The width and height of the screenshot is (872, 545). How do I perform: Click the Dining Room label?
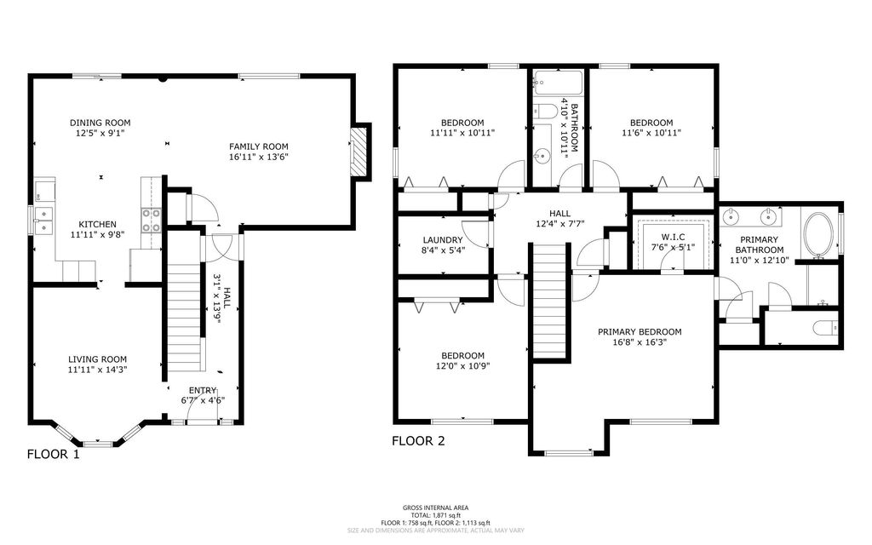tap(100, 123)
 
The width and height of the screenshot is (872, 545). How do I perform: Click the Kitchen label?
tap(97, 226)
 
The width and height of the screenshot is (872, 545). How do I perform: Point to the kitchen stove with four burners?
tap(151, 221)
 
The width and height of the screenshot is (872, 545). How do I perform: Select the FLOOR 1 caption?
tap(54, 454)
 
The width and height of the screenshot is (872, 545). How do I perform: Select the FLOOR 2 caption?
tap(418, 441)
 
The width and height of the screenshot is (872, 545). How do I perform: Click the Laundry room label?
tap(442, 240)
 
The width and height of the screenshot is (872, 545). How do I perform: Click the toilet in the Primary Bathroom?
tap(822, 327)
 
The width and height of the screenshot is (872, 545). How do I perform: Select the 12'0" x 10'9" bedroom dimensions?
tap(462, 366)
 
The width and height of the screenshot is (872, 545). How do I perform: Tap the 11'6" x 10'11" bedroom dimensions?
tap(651, 133)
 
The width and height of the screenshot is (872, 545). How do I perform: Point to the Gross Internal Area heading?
tap(435, 508)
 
